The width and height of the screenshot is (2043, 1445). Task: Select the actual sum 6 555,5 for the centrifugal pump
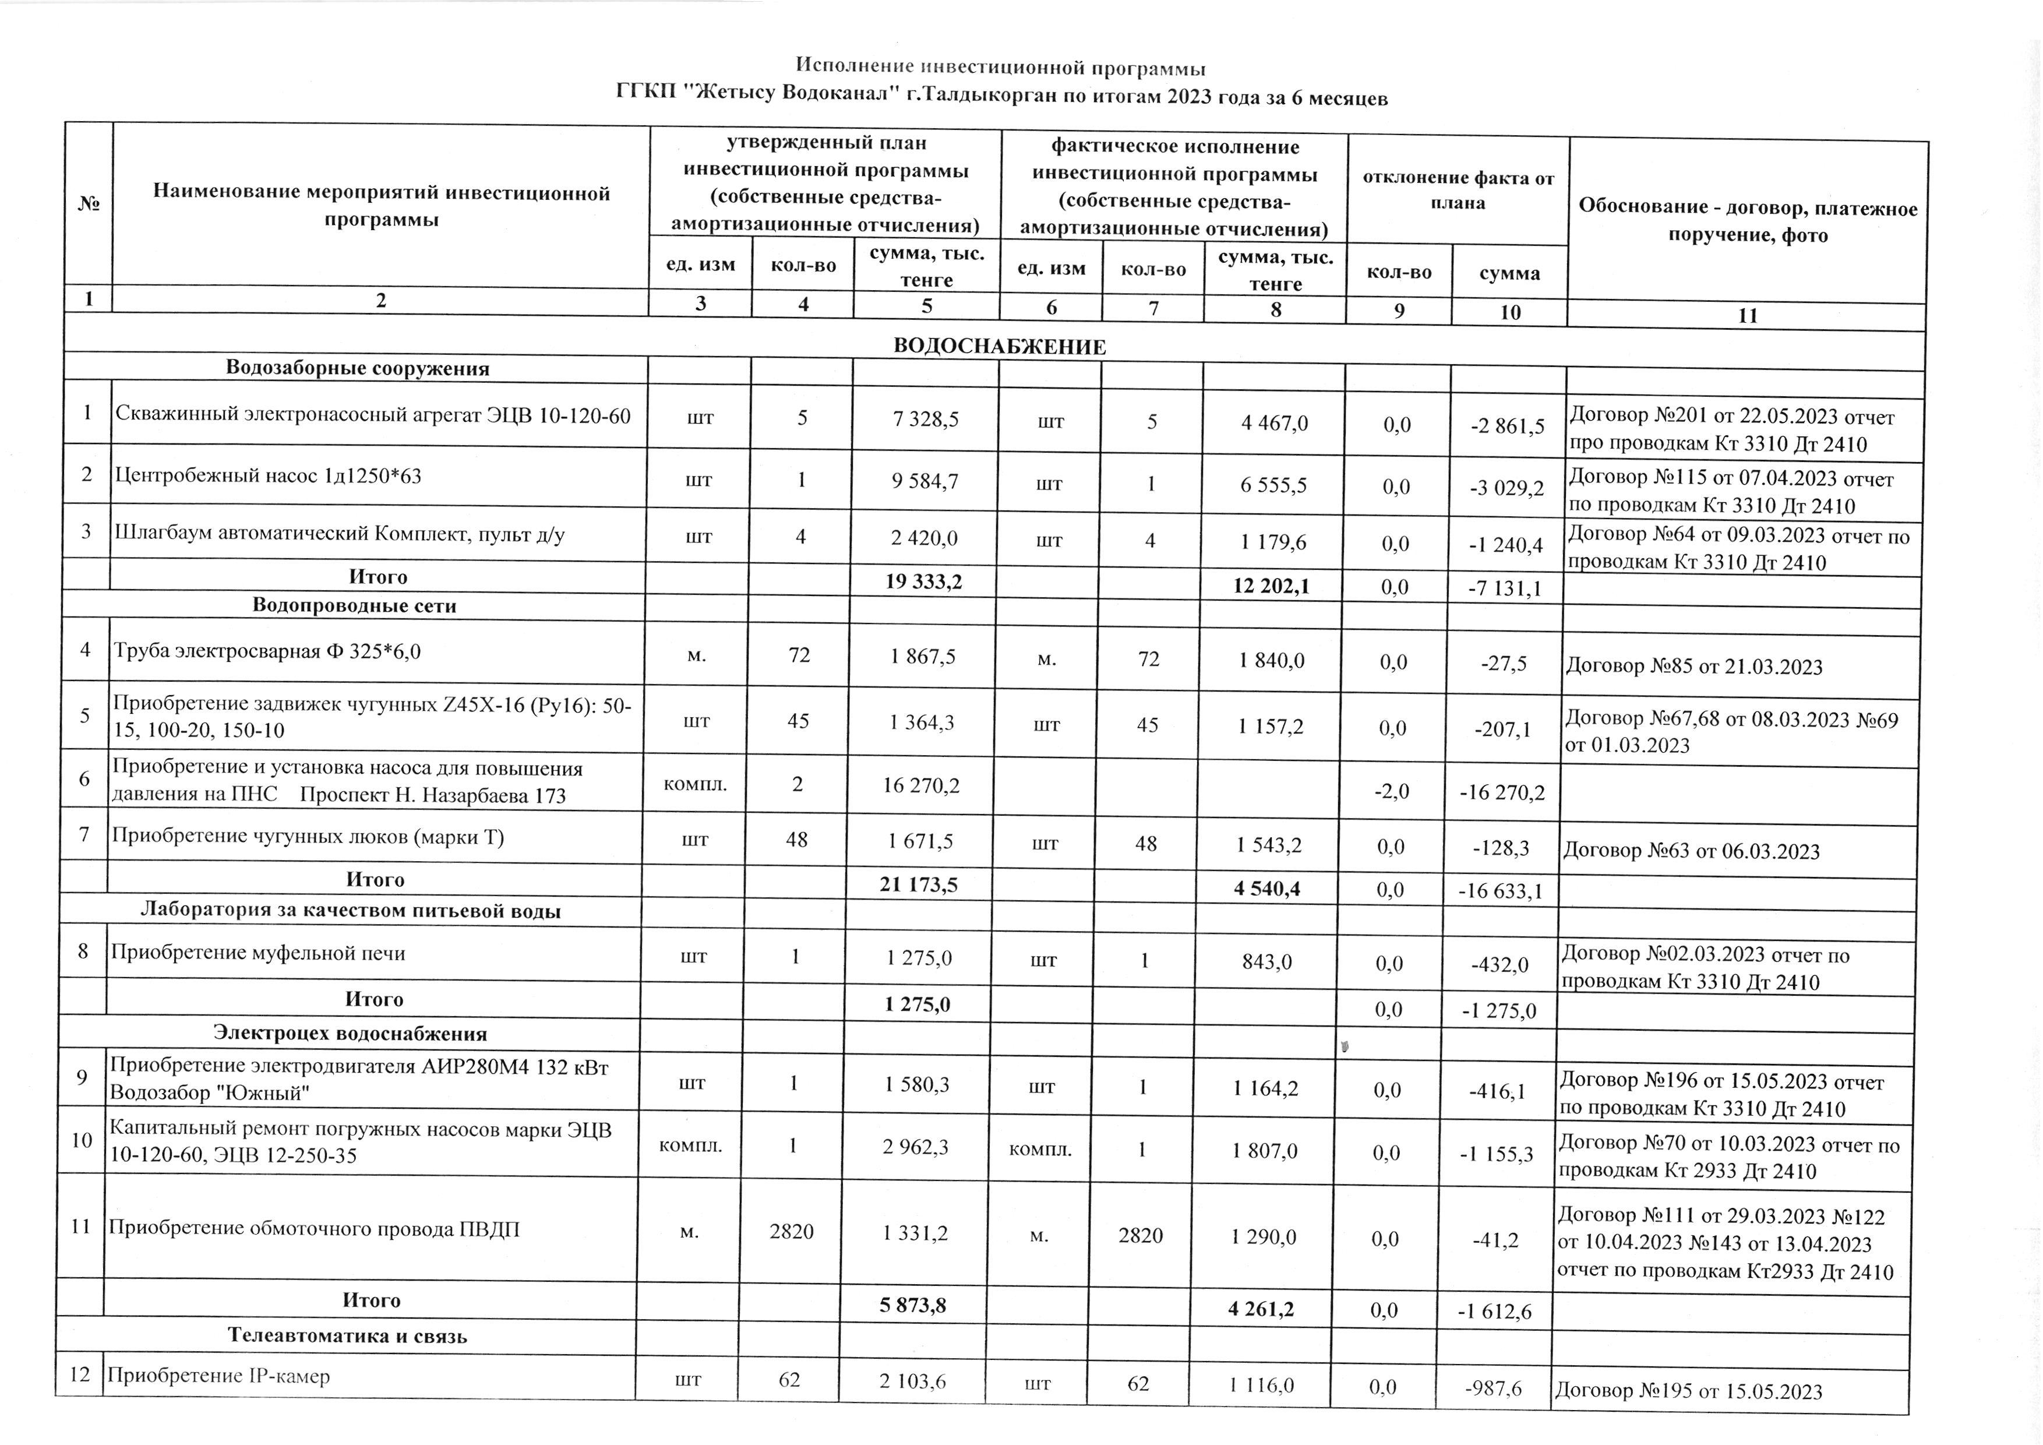[x=1274, y=485]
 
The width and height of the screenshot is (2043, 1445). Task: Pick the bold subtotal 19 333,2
[x=923, y=582]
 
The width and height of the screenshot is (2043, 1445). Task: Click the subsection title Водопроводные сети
[x=354, y=606]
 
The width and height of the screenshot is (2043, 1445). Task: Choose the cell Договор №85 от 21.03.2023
[x=1693, y=667]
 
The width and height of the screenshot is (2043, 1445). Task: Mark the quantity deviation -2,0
[x=1392, y=791]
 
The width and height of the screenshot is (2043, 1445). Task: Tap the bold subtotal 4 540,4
[x=1267, y=888]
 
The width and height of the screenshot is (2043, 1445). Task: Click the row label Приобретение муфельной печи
[x=258, y=953]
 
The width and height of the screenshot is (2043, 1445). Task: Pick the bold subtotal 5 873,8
[x=913, y=1305]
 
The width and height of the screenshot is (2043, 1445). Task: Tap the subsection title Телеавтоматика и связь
[x=348, y=1335]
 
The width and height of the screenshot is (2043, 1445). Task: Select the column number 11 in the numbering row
[x=1748, y=315]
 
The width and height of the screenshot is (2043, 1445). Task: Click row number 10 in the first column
[x=82, y=1140]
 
